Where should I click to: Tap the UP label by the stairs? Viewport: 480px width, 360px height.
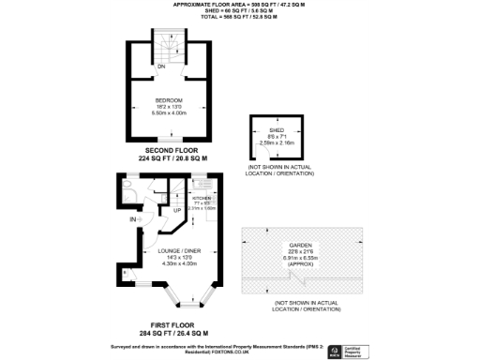click(x=177, y=210)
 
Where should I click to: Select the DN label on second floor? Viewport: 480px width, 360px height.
click(x=161, y=67)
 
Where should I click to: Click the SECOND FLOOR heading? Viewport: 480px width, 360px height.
click(x=170, y=150)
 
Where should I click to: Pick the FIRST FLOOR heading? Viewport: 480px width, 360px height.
click(x=170, y=324)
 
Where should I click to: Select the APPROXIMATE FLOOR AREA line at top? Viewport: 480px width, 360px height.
click(x=240, y=5)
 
